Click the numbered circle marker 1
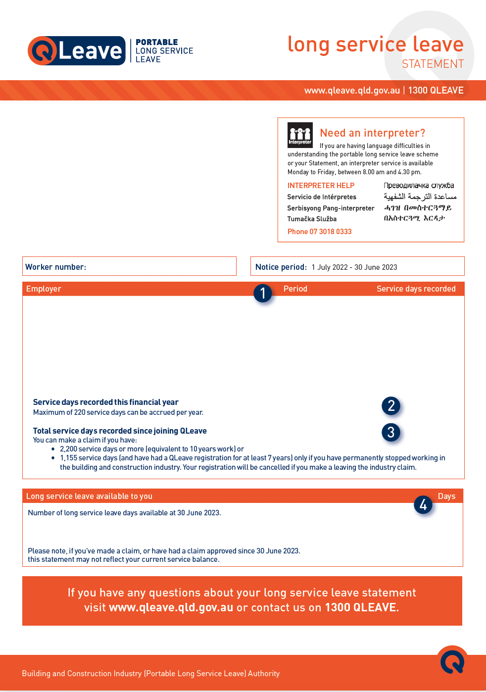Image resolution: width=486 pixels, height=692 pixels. (x=263, y=294)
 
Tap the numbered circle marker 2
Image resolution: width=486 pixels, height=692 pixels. (x=391, y=406)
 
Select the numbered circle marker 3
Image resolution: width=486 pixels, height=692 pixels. (x=391, y=432)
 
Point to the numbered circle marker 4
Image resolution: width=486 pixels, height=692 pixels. (x=423, y=505)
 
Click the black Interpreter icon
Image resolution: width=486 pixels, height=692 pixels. (x=300, y=135)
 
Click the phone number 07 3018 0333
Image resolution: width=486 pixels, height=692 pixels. (x=319, y=232)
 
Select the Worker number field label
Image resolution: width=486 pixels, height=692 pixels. (x=55, y=267)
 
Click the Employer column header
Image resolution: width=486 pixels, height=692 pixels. (x=44, y=289)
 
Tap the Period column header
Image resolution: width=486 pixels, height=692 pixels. (x=295, y=289)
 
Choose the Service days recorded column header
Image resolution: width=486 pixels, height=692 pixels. (x=416, y=289)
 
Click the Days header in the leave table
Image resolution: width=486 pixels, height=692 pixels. (x=446, y=496)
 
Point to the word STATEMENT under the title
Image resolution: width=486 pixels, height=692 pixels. (x=433, y=64)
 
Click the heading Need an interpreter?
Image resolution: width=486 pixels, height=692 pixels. (x=372, y=133)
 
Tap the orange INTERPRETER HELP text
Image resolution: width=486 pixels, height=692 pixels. (x=321, y=186)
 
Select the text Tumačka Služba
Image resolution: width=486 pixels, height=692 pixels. (x=312, y=219)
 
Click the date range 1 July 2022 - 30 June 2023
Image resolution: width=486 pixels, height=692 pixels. (x=354, y=267)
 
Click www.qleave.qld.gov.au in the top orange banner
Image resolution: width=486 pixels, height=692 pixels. (x=352, y=91)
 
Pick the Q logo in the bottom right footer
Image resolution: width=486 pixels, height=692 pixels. (x=452, y=660)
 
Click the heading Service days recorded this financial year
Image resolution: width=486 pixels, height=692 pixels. (x=105, y=402)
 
